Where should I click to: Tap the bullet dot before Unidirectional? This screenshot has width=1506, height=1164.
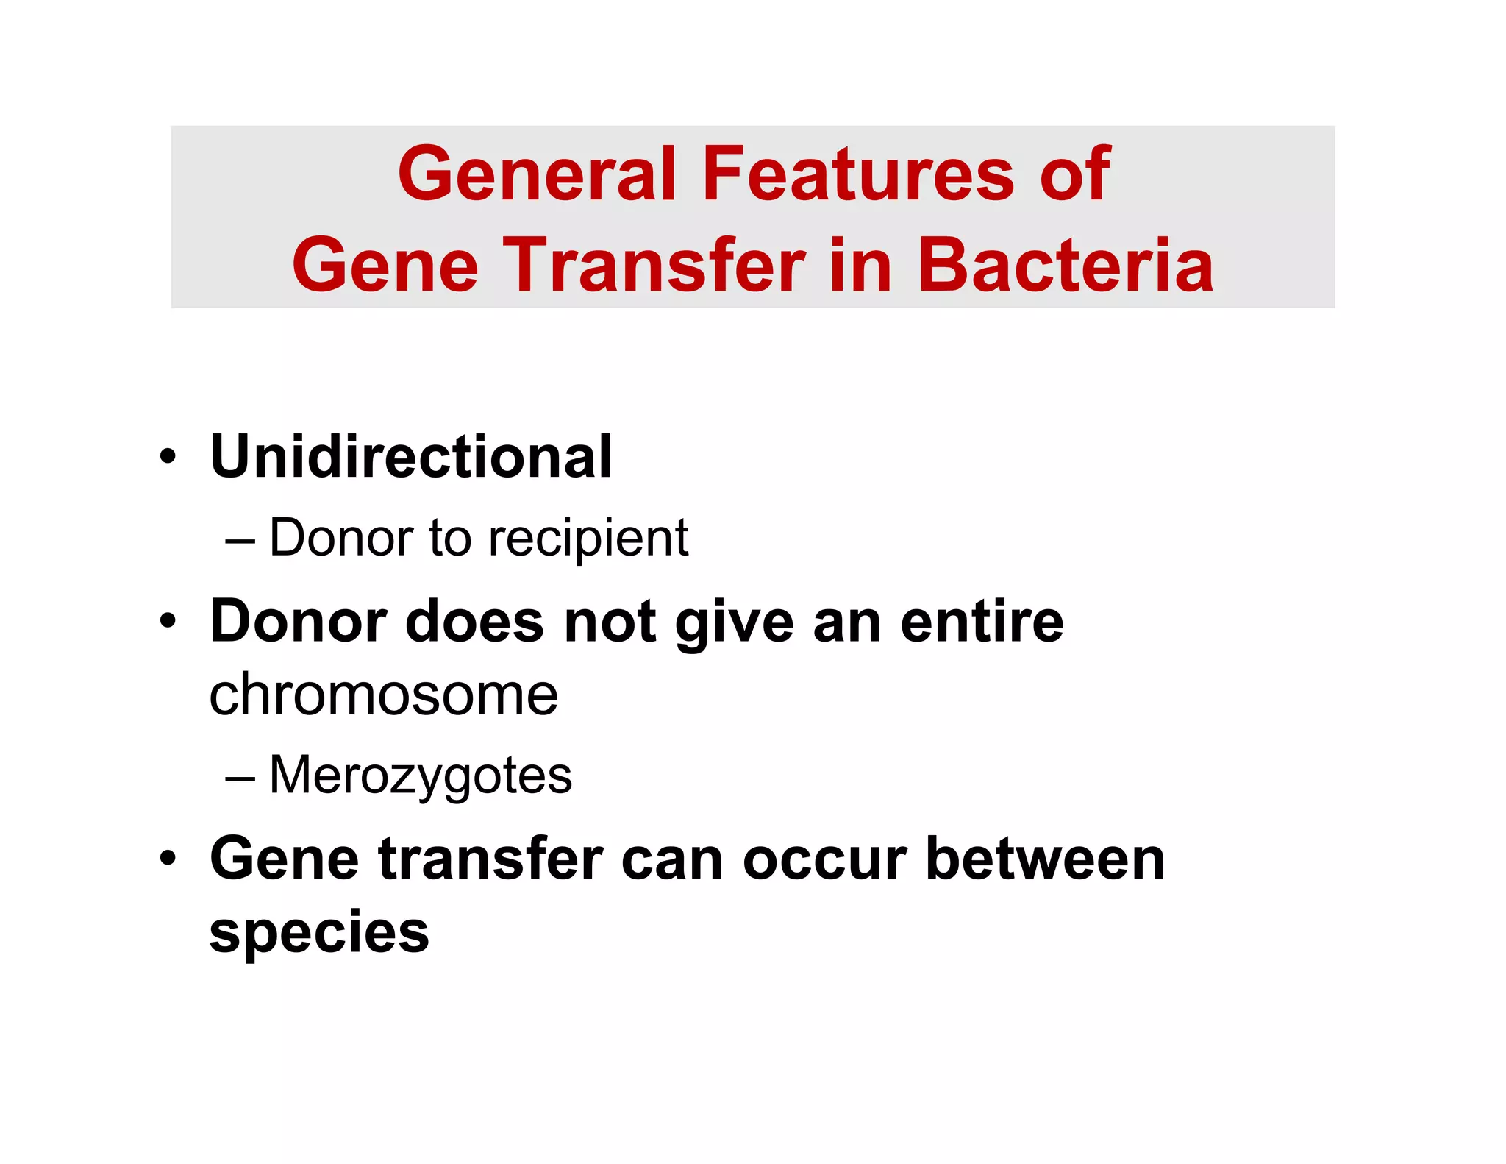tap(168, 457)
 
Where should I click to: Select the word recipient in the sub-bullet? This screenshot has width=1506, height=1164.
tap(588, 538)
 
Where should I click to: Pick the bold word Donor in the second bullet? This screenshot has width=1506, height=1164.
tap(299, 622)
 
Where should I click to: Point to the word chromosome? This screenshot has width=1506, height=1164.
tap(383, 695)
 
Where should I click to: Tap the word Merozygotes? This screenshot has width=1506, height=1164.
tap(421, 776)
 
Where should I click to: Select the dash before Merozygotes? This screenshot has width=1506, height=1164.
tap(240, 779)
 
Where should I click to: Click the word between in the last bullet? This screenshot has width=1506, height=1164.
tap(1045, 859)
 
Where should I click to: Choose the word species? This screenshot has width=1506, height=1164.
tap(319, 933)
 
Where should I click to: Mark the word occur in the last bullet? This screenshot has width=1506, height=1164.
tap(824, 859)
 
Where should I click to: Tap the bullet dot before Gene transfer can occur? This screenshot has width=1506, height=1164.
tap(168, 859)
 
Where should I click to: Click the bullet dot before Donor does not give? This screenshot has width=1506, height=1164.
tap(168, 622)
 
